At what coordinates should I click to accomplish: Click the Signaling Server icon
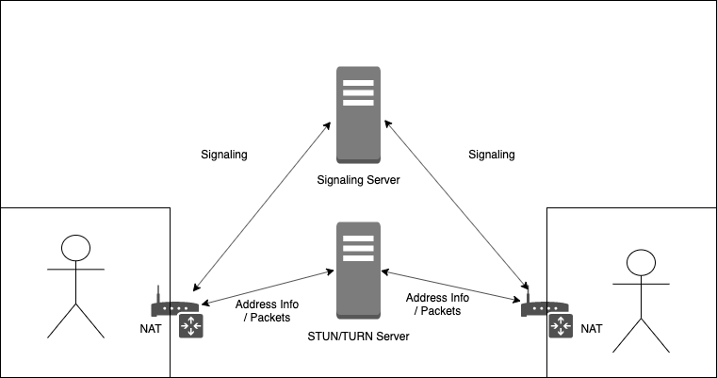point(358,116)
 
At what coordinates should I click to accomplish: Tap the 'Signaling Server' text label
point(358,180)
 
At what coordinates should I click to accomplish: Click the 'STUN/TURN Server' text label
point(358,336)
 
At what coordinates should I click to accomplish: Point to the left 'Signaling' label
point(225,155)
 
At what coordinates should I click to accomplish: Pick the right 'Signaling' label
point(492,155)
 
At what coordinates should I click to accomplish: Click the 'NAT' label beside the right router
point(591,329)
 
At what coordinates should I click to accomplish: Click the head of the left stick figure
point(75,248)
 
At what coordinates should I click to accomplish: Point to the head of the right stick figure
point(641,263)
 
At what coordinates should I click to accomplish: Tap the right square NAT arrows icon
point(561,326)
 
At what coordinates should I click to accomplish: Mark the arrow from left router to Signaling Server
point(260,205)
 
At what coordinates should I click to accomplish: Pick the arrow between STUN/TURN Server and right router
point(450,286)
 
